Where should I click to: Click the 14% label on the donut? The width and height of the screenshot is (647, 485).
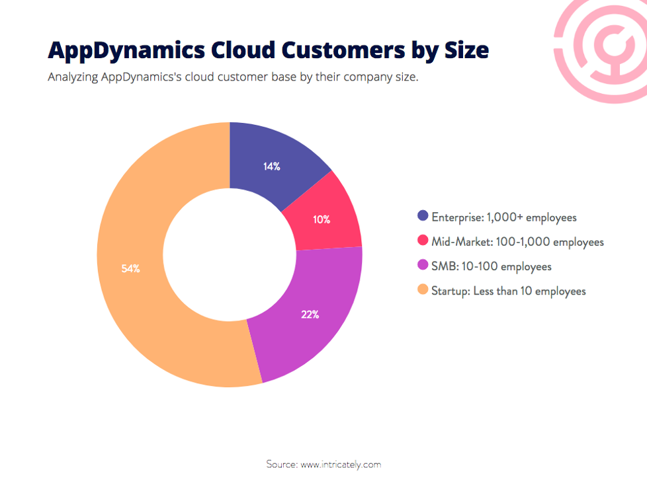(x=271, y=167)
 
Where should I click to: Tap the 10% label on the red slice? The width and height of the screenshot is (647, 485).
(x=322, y=219)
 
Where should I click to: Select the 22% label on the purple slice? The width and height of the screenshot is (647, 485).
(x=310, y=315)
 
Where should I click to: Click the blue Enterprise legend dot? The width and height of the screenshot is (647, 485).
(x=423, y=216)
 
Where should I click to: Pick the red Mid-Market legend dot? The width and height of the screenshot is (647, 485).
(x=423, y=241)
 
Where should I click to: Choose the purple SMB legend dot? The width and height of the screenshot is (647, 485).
(x=423, y=266)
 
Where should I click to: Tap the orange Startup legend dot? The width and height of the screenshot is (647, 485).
(x=423, y=290)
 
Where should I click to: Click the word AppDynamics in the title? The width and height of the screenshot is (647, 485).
(x=124, y=50)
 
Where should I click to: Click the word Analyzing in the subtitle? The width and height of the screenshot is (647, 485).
(x=73, y=77)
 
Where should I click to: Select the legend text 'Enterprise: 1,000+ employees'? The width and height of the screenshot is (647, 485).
(x=504, y=217)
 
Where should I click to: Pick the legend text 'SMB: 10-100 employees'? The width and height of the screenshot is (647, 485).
(x=492, y=266)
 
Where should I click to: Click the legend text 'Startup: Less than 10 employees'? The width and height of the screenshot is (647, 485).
(x=509, y=291)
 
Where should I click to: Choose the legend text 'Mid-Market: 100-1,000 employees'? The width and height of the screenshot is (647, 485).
(x=518, y=242)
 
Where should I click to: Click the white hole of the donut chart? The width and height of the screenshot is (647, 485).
(x=229, y=254)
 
